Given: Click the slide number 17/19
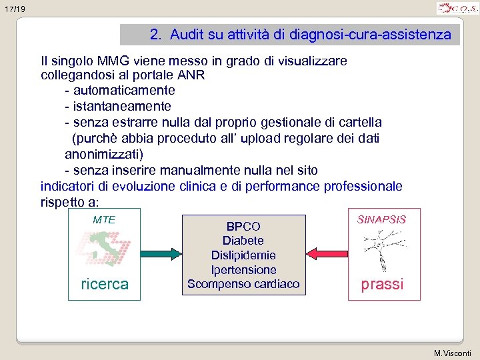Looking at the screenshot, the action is pos(13,9).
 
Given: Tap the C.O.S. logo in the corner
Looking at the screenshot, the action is pos(457,8).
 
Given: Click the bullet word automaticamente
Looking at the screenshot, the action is pos(124,90).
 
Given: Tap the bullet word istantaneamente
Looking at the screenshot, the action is pos(122,106).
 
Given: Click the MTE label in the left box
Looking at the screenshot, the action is pos(104,219).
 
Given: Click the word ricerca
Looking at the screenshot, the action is pos(104,283).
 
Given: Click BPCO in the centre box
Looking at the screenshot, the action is pos(243,227).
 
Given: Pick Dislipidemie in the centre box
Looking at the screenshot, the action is pos(243,255).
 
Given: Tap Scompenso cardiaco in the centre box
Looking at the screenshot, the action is pos(243,285).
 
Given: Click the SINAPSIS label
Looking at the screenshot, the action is pos(382,219).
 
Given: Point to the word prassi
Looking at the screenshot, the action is pos(382,284).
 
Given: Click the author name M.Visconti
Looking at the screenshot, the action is pos(453,353).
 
